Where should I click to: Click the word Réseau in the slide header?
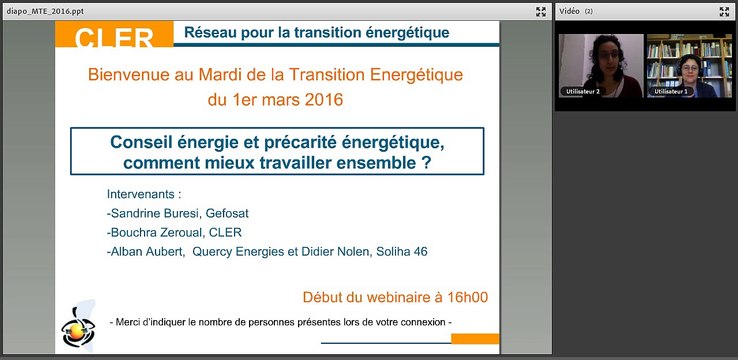coord(210,32)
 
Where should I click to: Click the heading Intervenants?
coord(145,194)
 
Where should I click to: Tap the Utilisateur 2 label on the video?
coord(583,91)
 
